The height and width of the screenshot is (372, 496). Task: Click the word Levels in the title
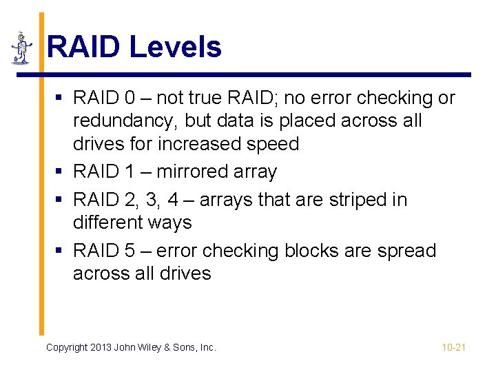[175, 48]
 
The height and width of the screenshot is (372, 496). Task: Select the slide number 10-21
[453, 347]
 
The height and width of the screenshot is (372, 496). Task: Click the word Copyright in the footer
[67, 347]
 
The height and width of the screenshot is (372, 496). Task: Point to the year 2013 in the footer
[101, 347]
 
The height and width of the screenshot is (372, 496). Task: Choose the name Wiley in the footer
[152, 347]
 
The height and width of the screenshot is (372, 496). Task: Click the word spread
[406, 250]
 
